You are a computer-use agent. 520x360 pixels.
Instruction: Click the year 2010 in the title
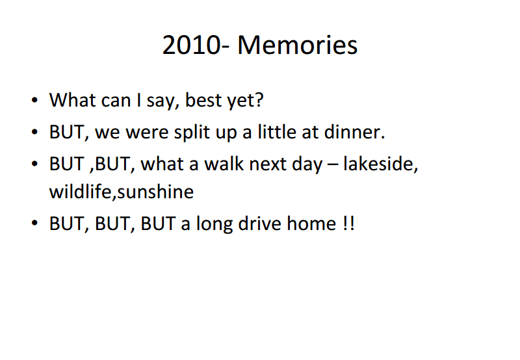click(x=191, y=45)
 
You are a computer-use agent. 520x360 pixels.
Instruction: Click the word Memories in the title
click(x=298, y=45)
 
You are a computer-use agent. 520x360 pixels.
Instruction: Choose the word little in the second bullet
click(x=277, y=132)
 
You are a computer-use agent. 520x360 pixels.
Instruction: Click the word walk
click(x=224, y=163)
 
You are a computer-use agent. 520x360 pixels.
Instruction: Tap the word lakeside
click(x=378, y=163)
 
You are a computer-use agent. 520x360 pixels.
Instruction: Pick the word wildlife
click(x=80, y=191)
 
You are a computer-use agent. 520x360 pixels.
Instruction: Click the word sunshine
click(x=155, y=191)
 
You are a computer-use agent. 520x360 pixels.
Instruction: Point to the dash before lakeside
click(x=333, y=165)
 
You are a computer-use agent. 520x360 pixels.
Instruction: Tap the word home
click(x=311, y=223)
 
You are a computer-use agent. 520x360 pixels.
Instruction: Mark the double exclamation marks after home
click(x=348, y=223)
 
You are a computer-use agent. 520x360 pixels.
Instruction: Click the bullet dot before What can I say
click(x=34, y=100)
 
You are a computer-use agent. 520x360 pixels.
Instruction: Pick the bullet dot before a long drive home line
click(x=34, y=224)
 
